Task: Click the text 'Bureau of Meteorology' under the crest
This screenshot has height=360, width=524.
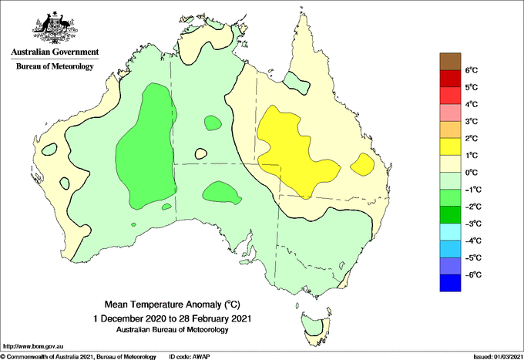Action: tap(55, 66)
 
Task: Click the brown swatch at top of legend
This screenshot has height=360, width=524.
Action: tap(448, 61)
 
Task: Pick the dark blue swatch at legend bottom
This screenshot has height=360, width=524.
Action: tap(448, 284)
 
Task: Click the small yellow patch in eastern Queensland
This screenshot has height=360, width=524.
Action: tap(362, 164)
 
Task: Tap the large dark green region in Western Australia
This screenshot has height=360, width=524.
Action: tap(146, 146)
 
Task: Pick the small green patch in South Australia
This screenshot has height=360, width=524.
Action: tap(219, 193)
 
